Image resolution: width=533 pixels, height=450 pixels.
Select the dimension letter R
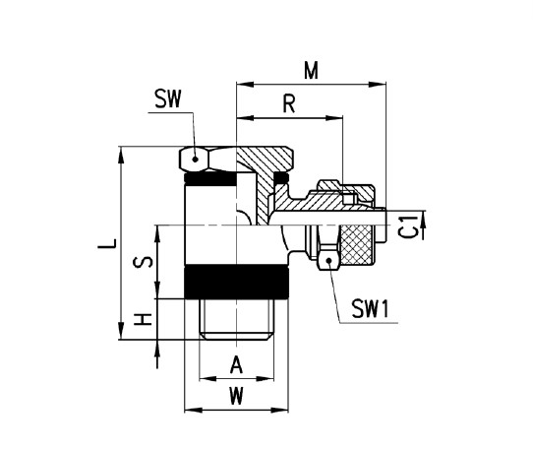tap(289, 104)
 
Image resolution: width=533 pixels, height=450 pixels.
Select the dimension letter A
tap(236, 365)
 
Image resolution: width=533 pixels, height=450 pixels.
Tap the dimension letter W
tap(236, 397)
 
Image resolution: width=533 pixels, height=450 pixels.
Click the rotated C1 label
tap(410, 226)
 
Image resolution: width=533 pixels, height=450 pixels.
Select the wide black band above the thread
tap(235, 284)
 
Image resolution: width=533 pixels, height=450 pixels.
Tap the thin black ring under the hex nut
tap(210, 180)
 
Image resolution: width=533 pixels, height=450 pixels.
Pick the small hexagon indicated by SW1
tap(326, 259)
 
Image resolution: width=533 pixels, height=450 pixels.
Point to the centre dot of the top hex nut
tap(197, 159)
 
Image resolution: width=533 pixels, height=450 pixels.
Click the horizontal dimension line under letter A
tap(236, 378)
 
